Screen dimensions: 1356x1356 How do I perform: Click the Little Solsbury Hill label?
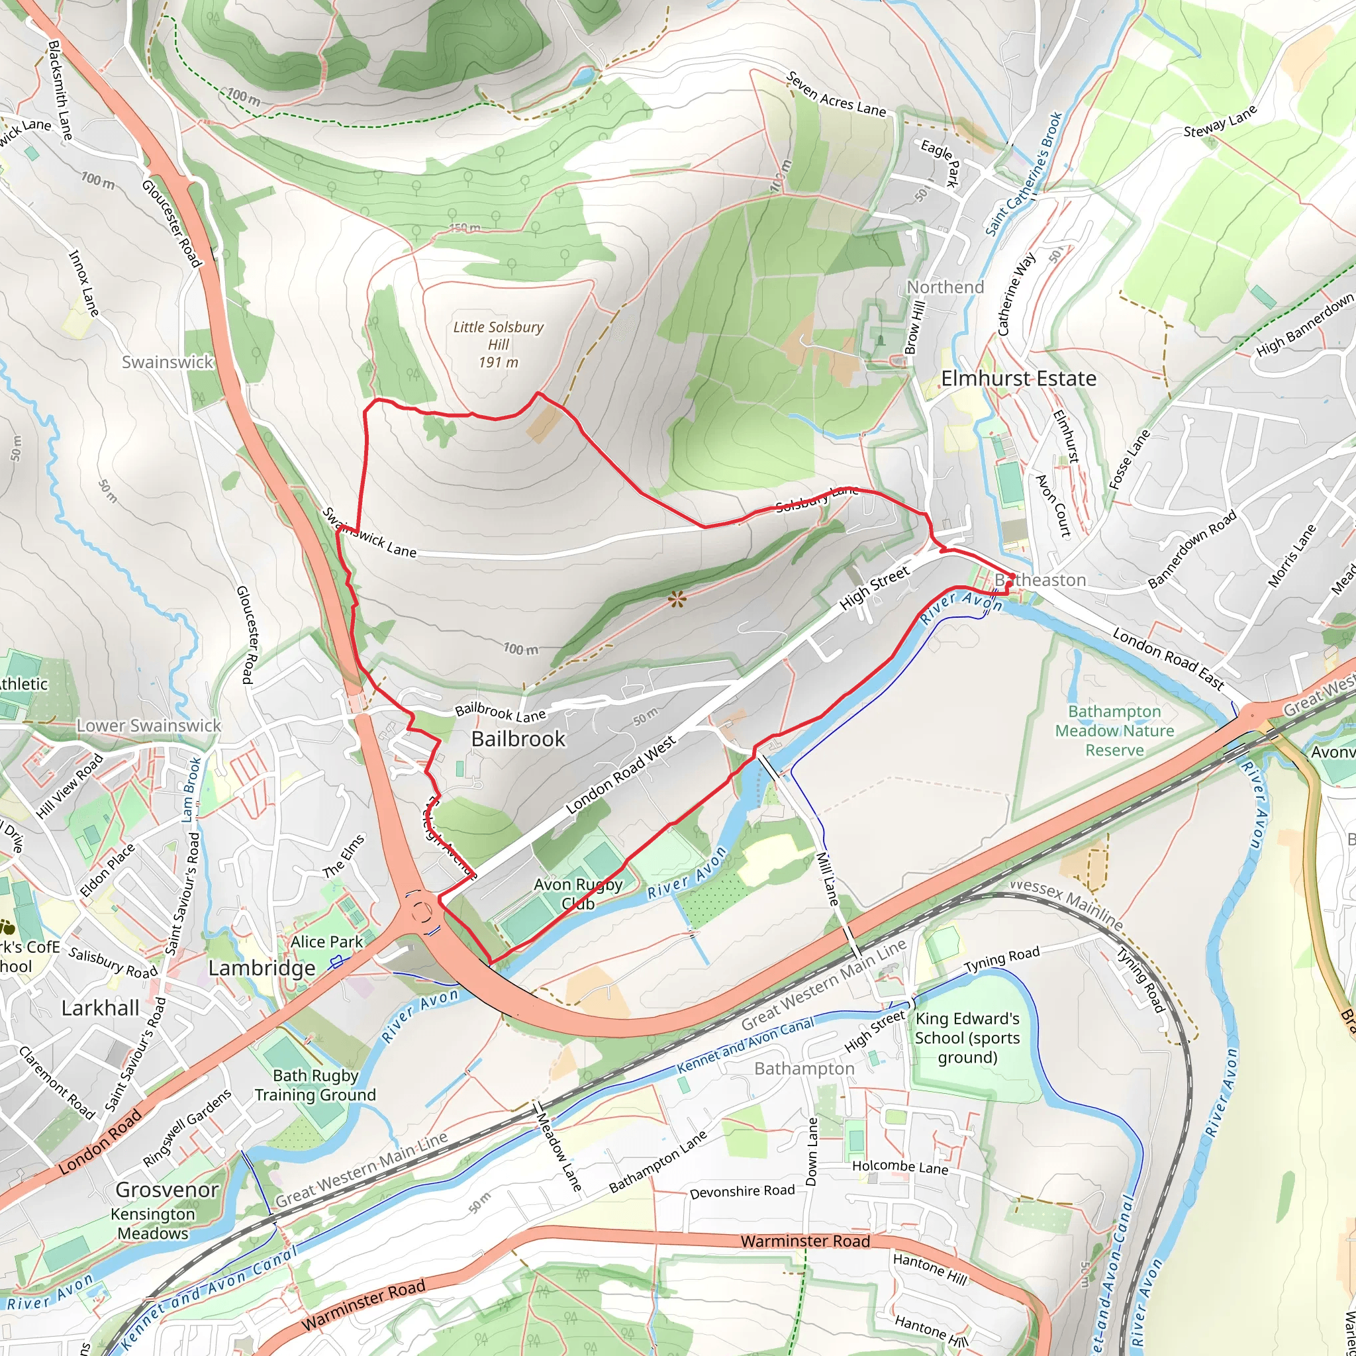click(x=499, y=344)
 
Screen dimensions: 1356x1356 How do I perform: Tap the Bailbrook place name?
click(x=518, y=738)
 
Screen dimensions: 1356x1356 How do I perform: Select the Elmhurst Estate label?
click(x=1018, y=378)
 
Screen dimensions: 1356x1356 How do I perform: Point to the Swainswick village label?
click(x=167, y=362)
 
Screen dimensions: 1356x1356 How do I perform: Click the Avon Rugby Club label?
click(x=577, y=893)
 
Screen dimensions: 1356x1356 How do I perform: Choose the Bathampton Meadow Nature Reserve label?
click(x=1114, y=731)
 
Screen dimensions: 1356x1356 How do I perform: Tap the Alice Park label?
click(x=326, y=942)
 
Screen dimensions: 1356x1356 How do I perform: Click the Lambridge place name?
click(x=262, y=969)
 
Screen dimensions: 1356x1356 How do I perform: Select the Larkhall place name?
click(x=101, y=1008)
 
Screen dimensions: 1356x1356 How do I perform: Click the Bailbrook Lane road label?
click(x=501, y=713)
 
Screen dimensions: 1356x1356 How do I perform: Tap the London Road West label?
click(x=620, y=775)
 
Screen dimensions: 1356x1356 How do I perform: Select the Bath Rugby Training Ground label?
click(x=315, y=1085)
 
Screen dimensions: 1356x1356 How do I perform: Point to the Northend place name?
click(x=945, y=287)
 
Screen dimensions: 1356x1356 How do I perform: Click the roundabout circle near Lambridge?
click(x=422, y=912)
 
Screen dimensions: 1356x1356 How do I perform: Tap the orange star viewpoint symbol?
click(x=676, y=599)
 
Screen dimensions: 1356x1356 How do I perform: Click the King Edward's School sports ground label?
click(x=967, y=1038)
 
